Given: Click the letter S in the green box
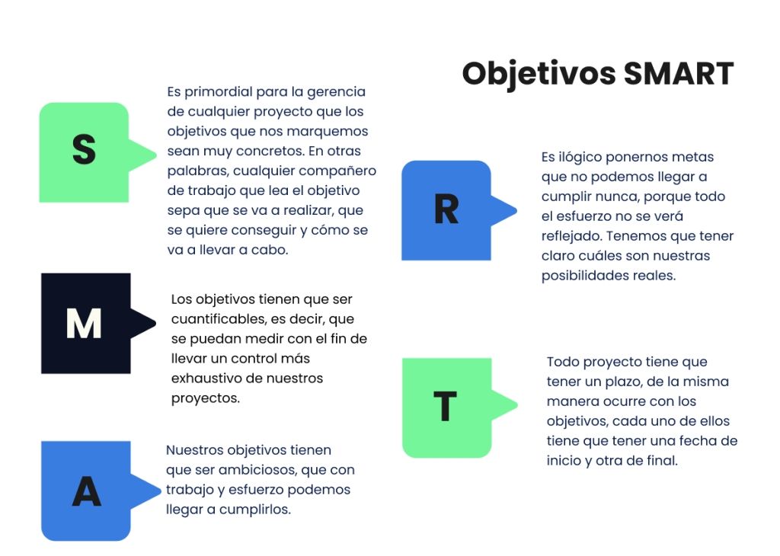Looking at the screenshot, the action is pyautogui.click(x=84, y=149).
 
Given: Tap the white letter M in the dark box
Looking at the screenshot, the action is pyautogui.click(x=84, y=323).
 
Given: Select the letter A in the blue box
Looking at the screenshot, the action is pyautogui.click(x=87, y=491).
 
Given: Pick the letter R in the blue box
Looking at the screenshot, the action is pyautogui.click(x=446, y=209).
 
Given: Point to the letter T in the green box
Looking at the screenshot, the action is pyautogui.click(x=445, y=406).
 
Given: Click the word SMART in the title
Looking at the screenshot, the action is pyautogui.click(x=679, y=74).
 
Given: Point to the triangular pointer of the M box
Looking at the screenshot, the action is pyautogui.click(x=143, y=323).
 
